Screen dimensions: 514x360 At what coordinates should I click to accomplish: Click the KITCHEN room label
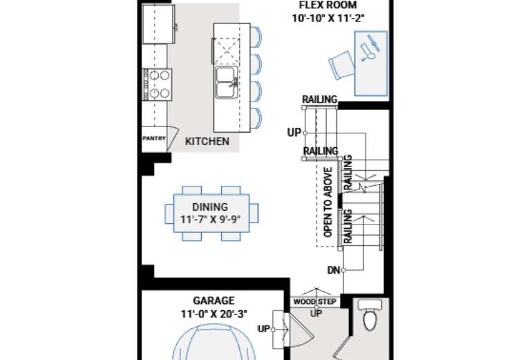tap(207, 142)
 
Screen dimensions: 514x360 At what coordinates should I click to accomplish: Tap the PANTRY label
tap(154, 138)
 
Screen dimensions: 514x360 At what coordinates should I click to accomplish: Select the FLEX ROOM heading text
tap(327, 5)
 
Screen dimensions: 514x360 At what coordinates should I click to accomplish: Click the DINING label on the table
tap(210, 207)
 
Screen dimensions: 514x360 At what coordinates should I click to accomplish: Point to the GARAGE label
tap(213, 301)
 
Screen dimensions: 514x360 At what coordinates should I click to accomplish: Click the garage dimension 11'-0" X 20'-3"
tap(214, 314)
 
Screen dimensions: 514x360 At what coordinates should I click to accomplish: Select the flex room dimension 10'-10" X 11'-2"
tap(328, 18)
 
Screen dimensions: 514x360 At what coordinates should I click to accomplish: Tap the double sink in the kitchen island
tap(226, 82)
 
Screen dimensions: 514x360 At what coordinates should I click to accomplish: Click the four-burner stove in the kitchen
tap(157, 84)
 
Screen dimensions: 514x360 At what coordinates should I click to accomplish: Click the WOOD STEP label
tap(315, 302)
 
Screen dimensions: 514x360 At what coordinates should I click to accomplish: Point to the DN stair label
tap(334, 270)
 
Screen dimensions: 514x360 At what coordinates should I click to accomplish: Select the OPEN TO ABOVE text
tap(328, 202)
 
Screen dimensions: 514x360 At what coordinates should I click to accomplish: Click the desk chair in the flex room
tap(341, 64)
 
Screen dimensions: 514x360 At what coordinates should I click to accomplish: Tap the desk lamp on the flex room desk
tap(370, 48)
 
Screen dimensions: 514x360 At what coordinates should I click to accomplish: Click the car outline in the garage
tap(213, 342)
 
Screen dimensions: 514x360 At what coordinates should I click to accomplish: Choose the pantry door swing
tap(173, 139)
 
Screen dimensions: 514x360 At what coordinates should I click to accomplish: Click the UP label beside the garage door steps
tap(263, 328)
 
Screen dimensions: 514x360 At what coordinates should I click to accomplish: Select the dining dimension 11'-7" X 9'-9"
tap(211, 219)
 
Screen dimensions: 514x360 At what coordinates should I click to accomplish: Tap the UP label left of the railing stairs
tap(294, 133)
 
